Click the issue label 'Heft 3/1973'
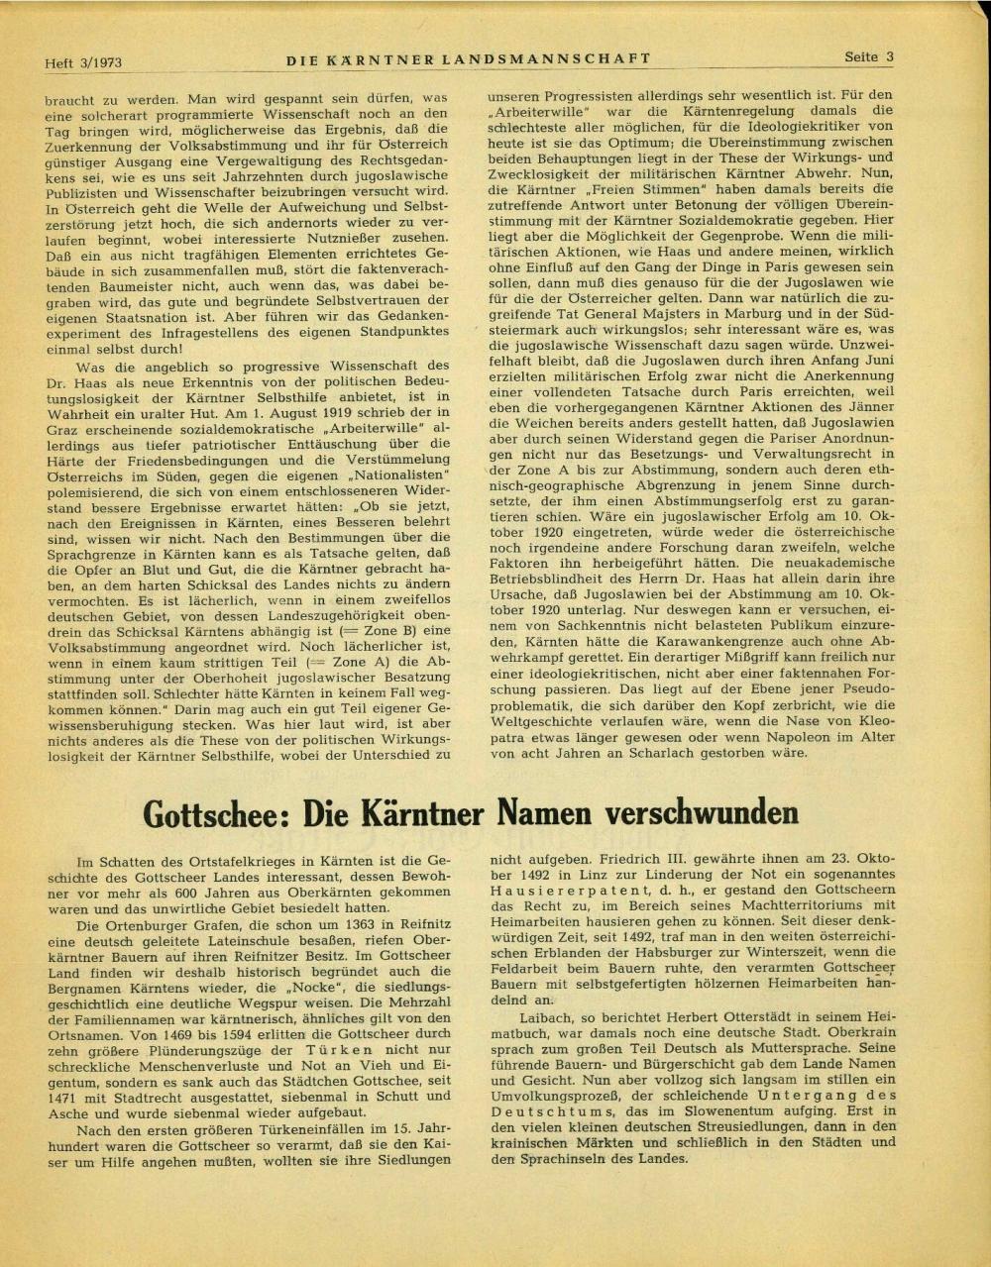[x=83, y=62]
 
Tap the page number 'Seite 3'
[x=869, y=56]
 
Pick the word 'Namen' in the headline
[x=544, y=813]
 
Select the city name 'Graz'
[x=62, y=428]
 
